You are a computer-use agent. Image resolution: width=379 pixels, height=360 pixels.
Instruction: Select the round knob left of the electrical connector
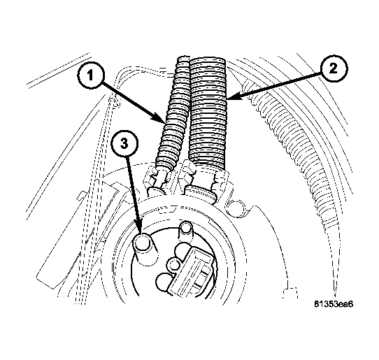click(x=173, y=265)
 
